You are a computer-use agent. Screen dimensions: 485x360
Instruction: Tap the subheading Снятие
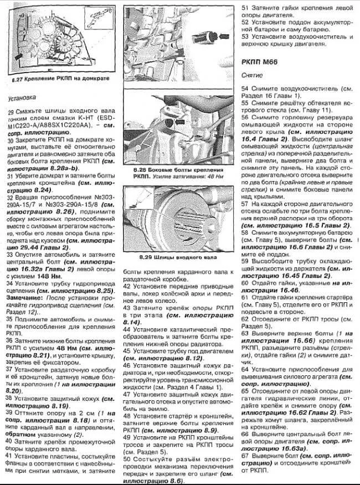[252, 74]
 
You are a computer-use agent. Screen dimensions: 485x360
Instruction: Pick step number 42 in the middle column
[127, 287]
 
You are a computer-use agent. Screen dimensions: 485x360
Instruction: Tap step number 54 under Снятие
[245, 89]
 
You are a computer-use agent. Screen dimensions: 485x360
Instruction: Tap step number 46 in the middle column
[127, 365]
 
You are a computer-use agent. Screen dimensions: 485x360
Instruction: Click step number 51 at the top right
[245, 9]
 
